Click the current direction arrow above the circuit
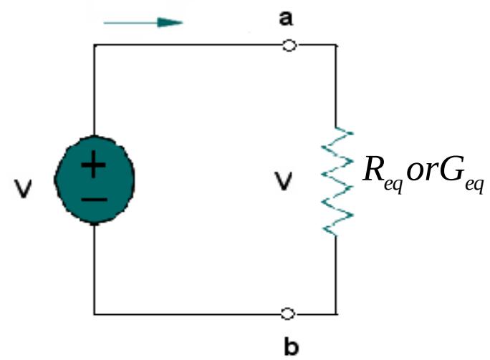click(x=143, y=22)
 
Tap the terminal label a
click(x=286, y=18)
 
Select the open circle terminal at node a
click(x=288, y=45)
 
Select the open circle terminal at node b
click(x=288, y=313)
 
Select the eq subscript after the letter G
click(x=474, y=185)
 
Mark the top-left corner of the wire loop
click(x=94, y=45)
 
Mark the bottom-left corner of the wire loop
click(x=94, y=313)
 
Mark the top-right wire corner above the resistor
click(x=335, y=45)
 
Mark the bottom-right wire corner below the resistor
click(x=335, y=313)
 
